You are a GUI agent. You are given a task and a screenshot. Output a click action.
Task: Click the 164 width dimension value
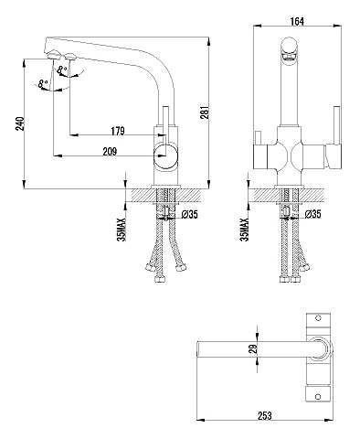297,21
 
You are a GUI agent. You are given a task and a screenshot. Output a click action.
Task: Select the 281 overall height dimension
206,112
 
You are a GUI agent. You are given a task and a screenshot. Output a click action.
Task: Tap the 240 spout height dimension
20,123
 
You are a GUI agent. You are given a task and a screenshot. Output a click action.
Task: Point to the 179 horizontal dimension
118,131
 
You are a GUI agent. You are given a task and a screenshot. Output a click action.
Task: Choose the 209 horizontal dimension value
110,152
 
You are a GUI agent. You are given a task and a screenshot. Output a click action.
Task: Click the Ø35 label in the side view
189,215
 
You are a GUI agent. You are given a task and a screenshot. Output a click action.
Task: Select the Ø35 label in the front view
312,214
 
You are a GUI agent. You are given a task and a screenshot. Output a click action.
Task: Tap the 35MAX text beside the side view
122,230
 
